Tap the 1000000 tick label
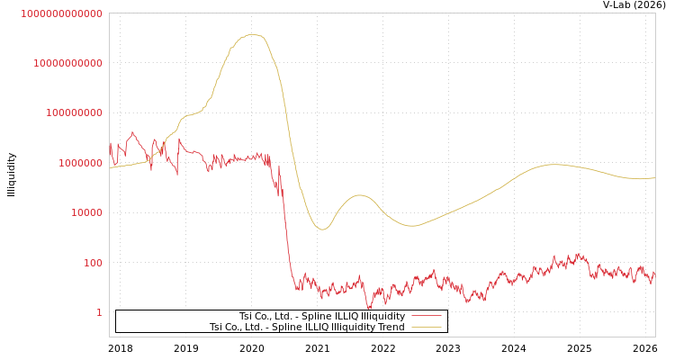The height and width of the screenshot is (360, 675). (x=79, y=163)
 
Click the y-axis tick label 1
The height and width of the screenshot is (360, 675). (x=100, y=312)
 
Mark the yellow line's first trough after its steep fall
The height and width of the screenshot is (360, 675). (x=322, y=229)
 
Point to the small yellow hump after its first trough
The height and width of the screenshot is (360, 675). (x=360, y=194)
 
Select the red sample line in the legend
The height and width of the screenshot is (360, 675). (x=426, y=316)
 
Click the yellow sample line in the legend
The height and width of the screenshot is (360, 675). (x=426, y=328)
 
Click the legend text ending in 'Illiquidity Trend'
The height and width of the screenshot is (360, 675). (x=307, y=328)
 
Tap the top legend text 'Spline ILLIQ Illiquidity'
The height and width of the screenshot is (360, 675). (x=321, y=316)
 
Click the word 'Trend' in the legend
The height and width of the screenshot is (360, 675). (x=391, y=328)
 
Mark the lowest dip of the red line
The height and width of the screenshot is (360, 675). (x=369, y=309)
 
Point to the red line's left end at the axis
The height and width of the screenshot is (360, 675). (x=110, y=144)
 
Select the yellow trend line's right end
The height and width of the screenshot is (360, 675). (x=654, y=178)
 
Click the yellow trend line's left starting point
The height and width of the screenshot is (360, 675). (x=110, y=168)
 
